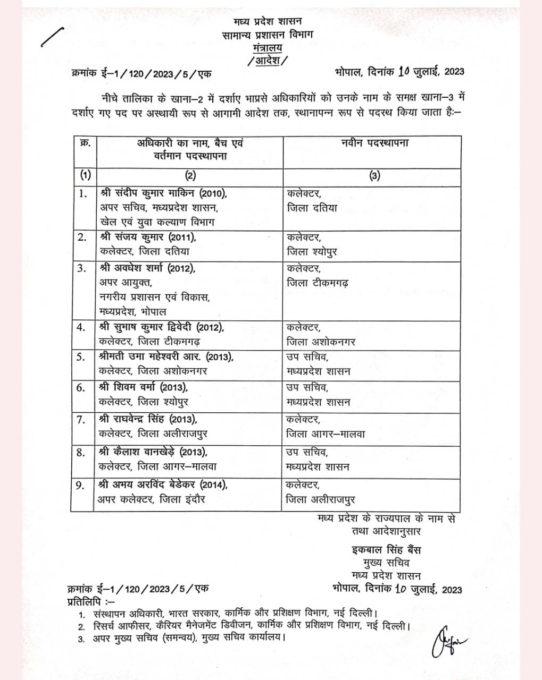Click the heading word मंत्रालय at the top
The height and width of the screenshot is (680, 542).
click(x=268, y=48)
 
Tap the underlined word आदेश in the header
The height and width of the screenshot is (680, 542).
click(x=268, y=60)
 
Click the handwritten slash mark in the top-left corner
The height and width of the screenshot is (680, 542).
click(x=52, y=39)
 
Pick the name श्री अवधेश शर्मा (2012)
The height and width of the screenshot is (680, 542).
click(x=147, y=268)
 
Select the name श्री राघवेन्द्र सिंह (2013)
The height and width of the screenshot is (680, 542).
click(x=148, y=419)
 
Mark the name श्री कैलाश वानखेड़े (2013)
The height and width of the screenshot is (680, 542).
click(x=153, y=452)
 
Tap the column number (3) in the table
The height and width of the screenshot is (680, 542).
click(x=375, y=176)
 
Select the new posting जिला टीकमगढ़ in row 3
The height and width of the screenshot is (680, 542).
click(x=318, y=283)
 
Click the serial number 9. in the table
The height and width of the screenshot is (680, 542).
click(x=81, y=485)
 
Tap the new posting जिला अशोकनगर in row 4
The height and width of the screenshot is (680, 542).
click(x=321, y=342)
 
